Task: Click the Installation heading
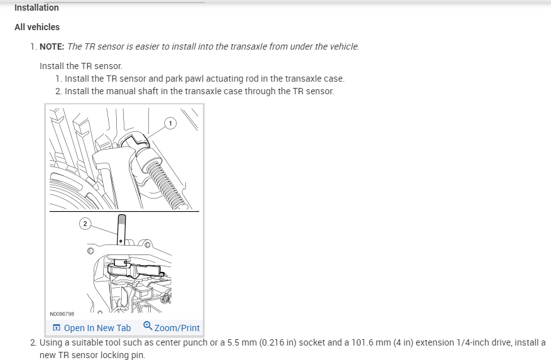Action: pos(36,8)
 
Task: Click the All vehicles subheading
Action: pos(37,27)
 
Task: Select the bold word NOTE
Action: pos(52,46)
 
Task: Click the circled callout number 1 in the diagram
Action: pos(170,123)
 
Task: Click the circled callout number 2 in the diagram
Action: pos(85,223)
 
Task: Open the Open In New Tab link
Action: pos(97,328)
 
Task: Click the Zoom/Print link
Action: pos(177,328)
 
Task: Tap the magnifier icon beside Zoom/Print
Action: pos(148,326)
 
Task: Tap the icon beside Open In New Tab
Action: pos(57,328)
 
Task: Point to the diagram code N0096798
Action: pos(62,314)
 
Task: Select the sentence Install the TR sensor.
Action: pos(80,66)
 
